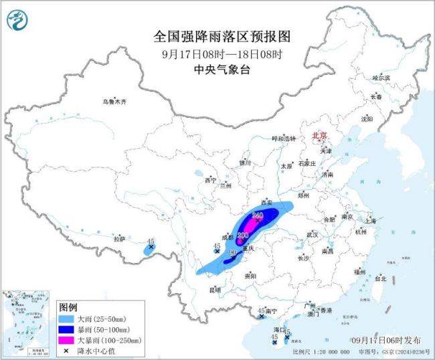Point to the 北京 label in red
[319, 136]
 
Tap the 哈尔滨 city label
[381, 78]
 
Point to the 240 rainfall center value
[258, 215]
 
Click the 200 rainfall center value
[243, 235]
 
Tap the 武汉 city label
[312, 235]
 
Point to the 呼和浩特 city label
[282, 138]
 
